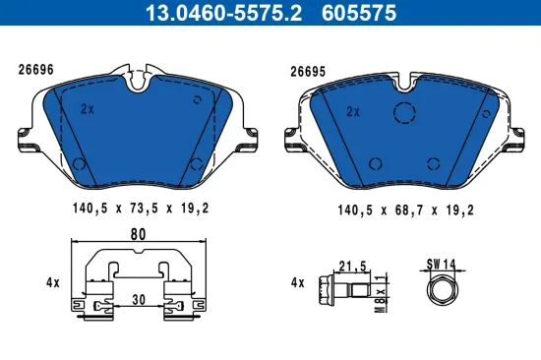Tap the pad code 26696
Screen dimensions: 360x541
(35, 70)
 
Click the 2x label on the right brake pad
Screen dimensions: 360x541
(354, 111)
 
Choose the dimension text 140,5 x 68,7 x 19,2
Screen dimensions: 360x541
(406, 209)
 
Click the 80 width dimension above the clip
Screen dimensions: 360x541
(137, 235)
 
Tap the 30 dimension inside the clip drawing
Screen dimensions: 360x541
(139, 300)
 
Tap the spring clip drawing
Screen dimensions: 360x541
(137, 285)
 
